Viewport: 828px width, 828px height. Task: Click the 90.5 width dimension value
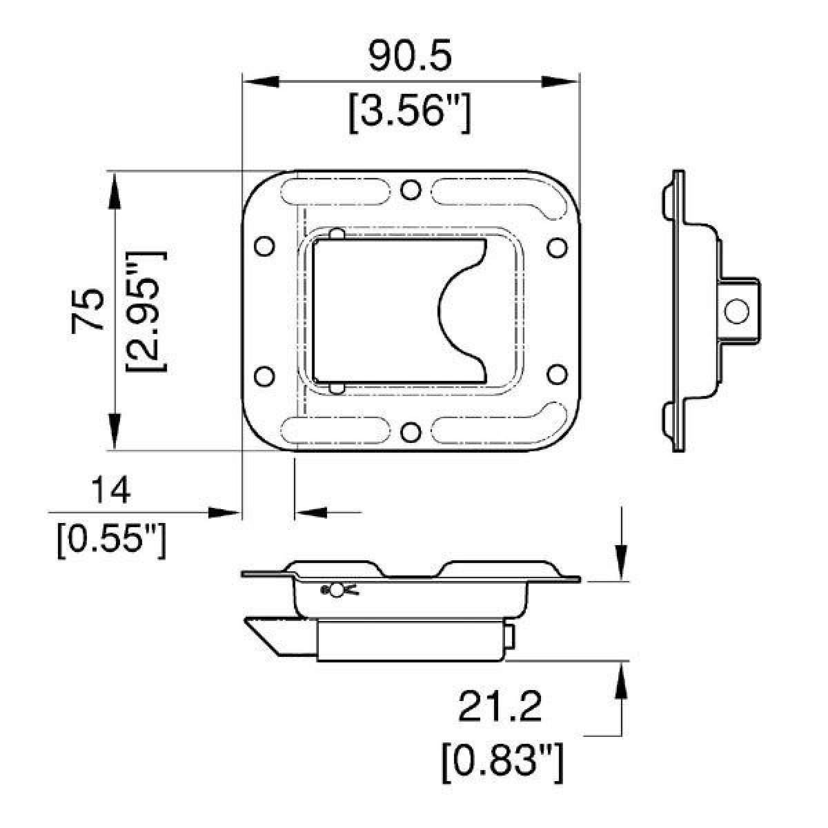coord(410,57)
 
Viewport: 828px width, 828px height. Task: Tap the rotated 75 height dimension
coord(88,310)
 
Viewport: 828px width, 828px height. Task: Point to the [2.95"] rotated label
coord(146,310)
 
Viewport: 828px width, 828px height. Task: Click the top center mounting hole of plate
coord(411,188)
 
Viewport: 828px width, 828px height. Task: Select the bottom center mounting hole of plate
coord(411,433)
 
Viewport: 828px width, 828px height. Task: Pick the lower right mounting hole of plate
coord(557,375)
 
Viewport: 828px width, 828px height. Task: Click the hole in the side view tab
coord(737,310)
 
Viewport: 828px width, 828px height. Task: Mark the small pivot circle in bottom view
coord(336,591)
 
